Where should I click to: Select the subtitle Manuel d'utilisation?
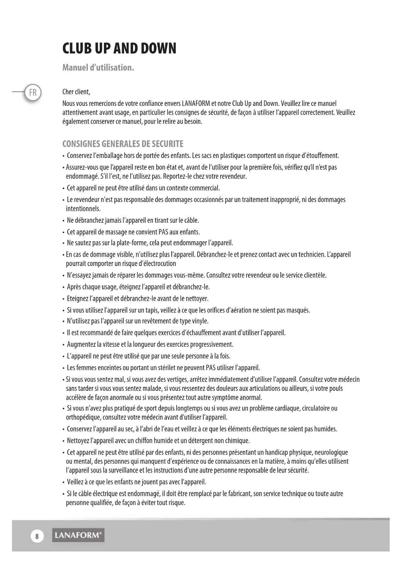tap(98, 68)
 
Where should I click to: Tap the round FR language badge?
tap(33, 93)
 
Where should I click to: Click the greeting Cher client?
tap(76, 92)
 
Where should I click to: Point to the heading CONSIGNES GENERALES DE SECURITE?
tap(123, 144)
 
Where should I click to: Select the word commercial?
tap(204, 188)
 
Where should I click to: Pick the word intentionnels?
tap(83, 209)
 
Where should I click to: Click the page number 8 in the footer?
tap(37, 536)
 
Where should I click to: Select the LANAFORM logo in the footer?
tap(78, 535)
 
